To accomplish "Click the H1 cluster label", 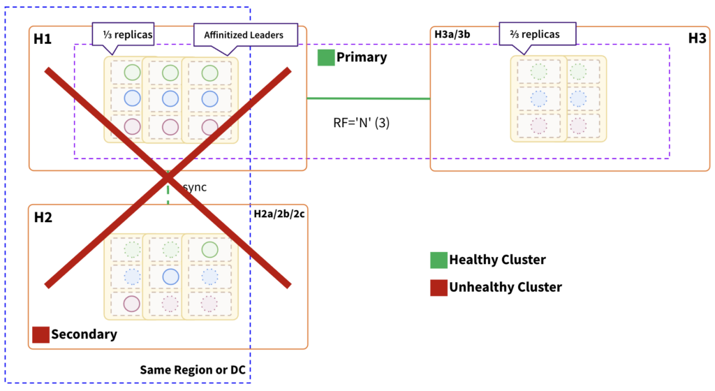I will [x=43, y=39].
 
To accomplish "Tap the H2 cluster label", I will [x=43, y=218].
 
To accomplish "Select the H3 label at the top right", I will [x=697, y=39].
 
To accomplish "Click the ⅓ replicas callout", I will [x=123, y=34].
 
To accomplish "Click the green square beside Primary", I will [x=325, y=57].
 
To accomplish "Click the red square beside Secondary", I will [x=40, y=334].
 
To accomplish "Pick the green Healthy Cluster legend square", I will [x=438, y=260].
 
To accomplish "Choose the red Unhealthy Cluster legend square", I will [x=438, y=287].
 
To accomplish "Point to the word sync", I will [x=194, y=188].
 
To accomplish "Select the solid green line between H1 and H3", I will [x=368, y=98].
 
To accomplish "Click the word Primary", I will [x=362, y=57].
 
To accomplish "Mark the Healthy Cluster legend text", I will [x=497, y=260].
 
